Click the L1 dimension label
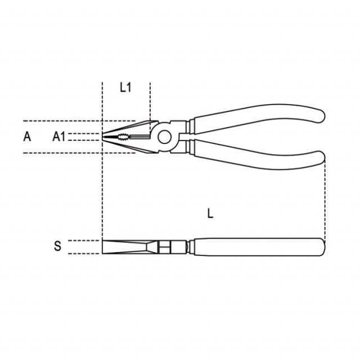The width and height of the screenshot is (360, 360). (125, 88)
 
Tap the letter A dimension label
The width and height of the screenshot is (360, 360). (27, 137)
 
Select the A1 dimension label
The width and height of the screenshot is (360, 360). (59, 137)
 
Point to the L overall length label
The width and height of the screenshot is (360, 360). (210, 213)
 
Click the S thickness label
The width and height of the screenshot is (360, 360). (57, 246)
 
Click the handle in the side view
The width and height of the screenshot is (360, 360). (259, 247)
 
